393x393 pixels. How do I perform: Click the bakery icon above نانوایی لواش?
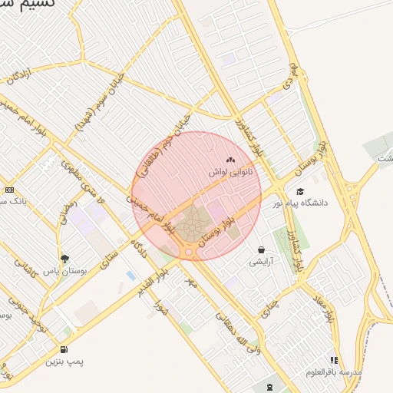pyautogui.click(x=231, y=160)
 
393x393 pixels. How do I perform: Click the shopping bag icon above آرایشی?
pyautogui.click(x=262, y=249)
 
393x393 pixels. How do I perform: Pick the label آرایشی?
pyautogui.click(x=262, y=262)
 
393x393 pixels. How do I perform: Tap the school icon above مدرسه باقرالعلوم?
pyautogui.click(x=334, y=359)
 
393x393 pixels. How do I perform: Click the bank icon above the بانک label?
pyautogui.click(x=9, y=190)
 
